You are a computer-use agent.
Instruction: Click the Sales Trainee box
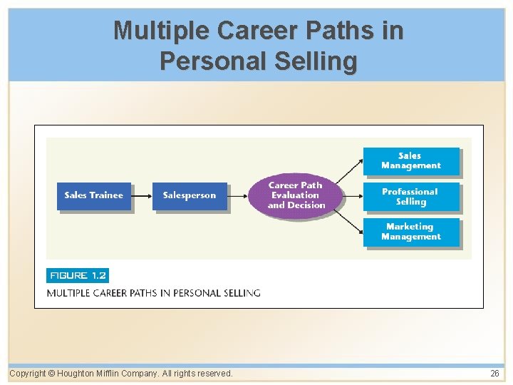click(94, 196)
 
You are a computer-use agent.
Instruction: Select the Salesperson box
click(190, 196)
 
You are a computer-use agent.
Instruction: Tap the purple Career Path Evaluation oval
click(296, 195)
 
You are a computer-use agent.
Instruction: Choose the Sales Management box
click(410, 161)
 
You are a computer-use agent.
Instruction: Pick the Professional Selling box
click(410, 197)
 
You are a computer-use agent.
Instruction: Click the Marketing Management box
click(410, 232)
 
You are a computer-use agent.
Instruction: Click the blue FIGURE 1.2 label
click(78, 275)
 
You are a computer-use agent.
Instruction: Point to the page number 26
click(494, 373)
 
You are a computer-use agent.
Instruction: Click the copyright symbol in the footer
click(51, 373)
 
